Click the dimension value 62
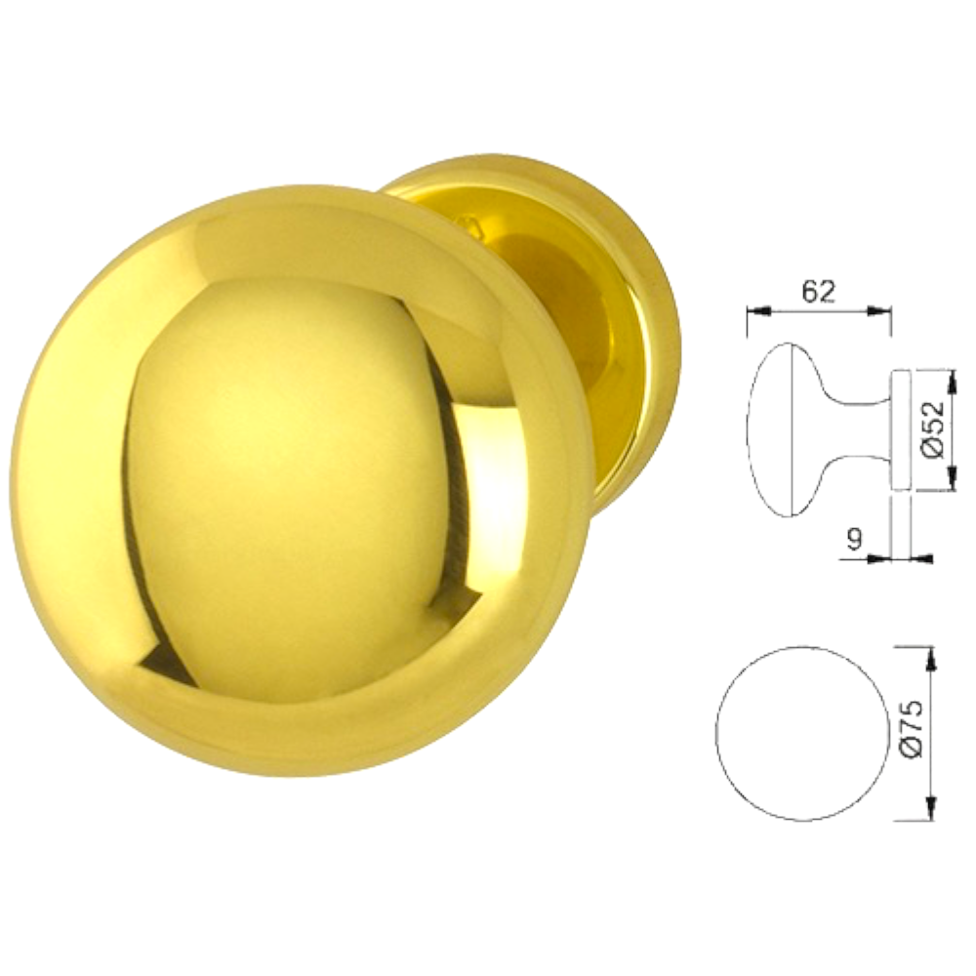pyautogui.click(x=817, y=292)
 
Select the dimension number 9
pyautogui.click(x=855, y=540)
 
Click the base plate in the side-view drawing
pyautogui.click(x=902, y=429)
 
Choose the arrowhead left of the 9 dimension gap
pyautogui.click(x=882, y=559)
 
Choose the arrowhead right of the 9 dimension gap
pyautogui.click(x=921, y=559)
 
